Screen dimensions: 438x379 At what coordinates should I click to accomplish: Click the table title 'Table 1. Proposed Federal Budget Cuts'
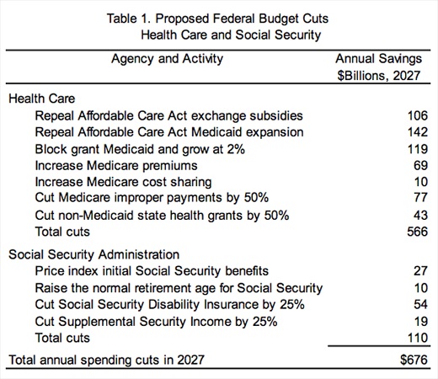tap(217, 19)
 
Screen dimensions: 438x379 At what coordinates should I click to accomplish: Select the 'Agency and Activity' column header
tap(167, 59)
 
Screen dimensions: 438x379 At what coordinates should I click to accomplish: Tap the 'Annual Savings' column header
tap(378, 59)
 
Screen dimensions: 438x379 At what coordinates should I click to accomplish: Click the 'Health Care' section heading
tap(42, 99)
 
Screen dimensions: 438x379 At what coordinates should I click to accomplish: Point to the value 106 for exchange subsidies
tap(418, 115)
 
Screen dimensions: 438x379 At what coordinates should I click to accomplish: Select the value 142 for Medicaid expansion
tap(418, 132)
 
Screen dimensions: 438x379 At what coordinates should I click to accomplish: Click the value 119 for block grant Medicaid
tap(418, 149)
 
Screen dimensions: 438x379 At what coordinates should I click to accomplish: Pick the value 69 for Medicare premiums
tap(420, 165)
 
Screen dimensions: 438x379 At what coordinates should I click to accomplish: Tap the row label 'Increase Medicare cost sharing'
tap(123, 182)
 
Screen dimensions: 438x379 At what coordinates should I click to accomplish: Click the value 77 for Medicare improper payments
tap(420, 197)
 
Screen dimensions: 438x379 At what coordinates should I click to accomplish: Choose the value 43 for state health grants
tap(420, 216)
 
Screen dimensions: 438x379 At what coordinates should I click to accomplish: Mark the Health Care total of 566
tap(418, 232)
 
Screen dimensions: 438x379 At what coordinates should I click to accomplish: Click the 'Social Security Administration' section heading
tap(94, 254)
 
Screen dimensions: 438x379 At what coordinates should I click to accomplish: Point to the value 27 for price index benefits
tap(420, 271)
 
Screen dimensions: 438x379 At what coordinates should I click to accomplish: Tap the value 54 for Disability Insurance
tap(420, 304)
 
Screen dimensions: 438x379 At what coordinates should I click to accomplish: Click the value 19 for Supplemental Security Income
tap(421, 322)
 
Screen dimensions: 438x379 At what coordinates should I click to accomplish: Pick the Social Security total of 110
tap(418, 338)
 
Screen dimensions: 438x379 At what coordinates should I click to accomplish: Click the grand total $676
tap(414, 360)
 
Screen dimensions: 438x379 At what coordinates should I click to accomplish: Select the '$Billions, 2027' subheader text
tap(379, 76)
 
